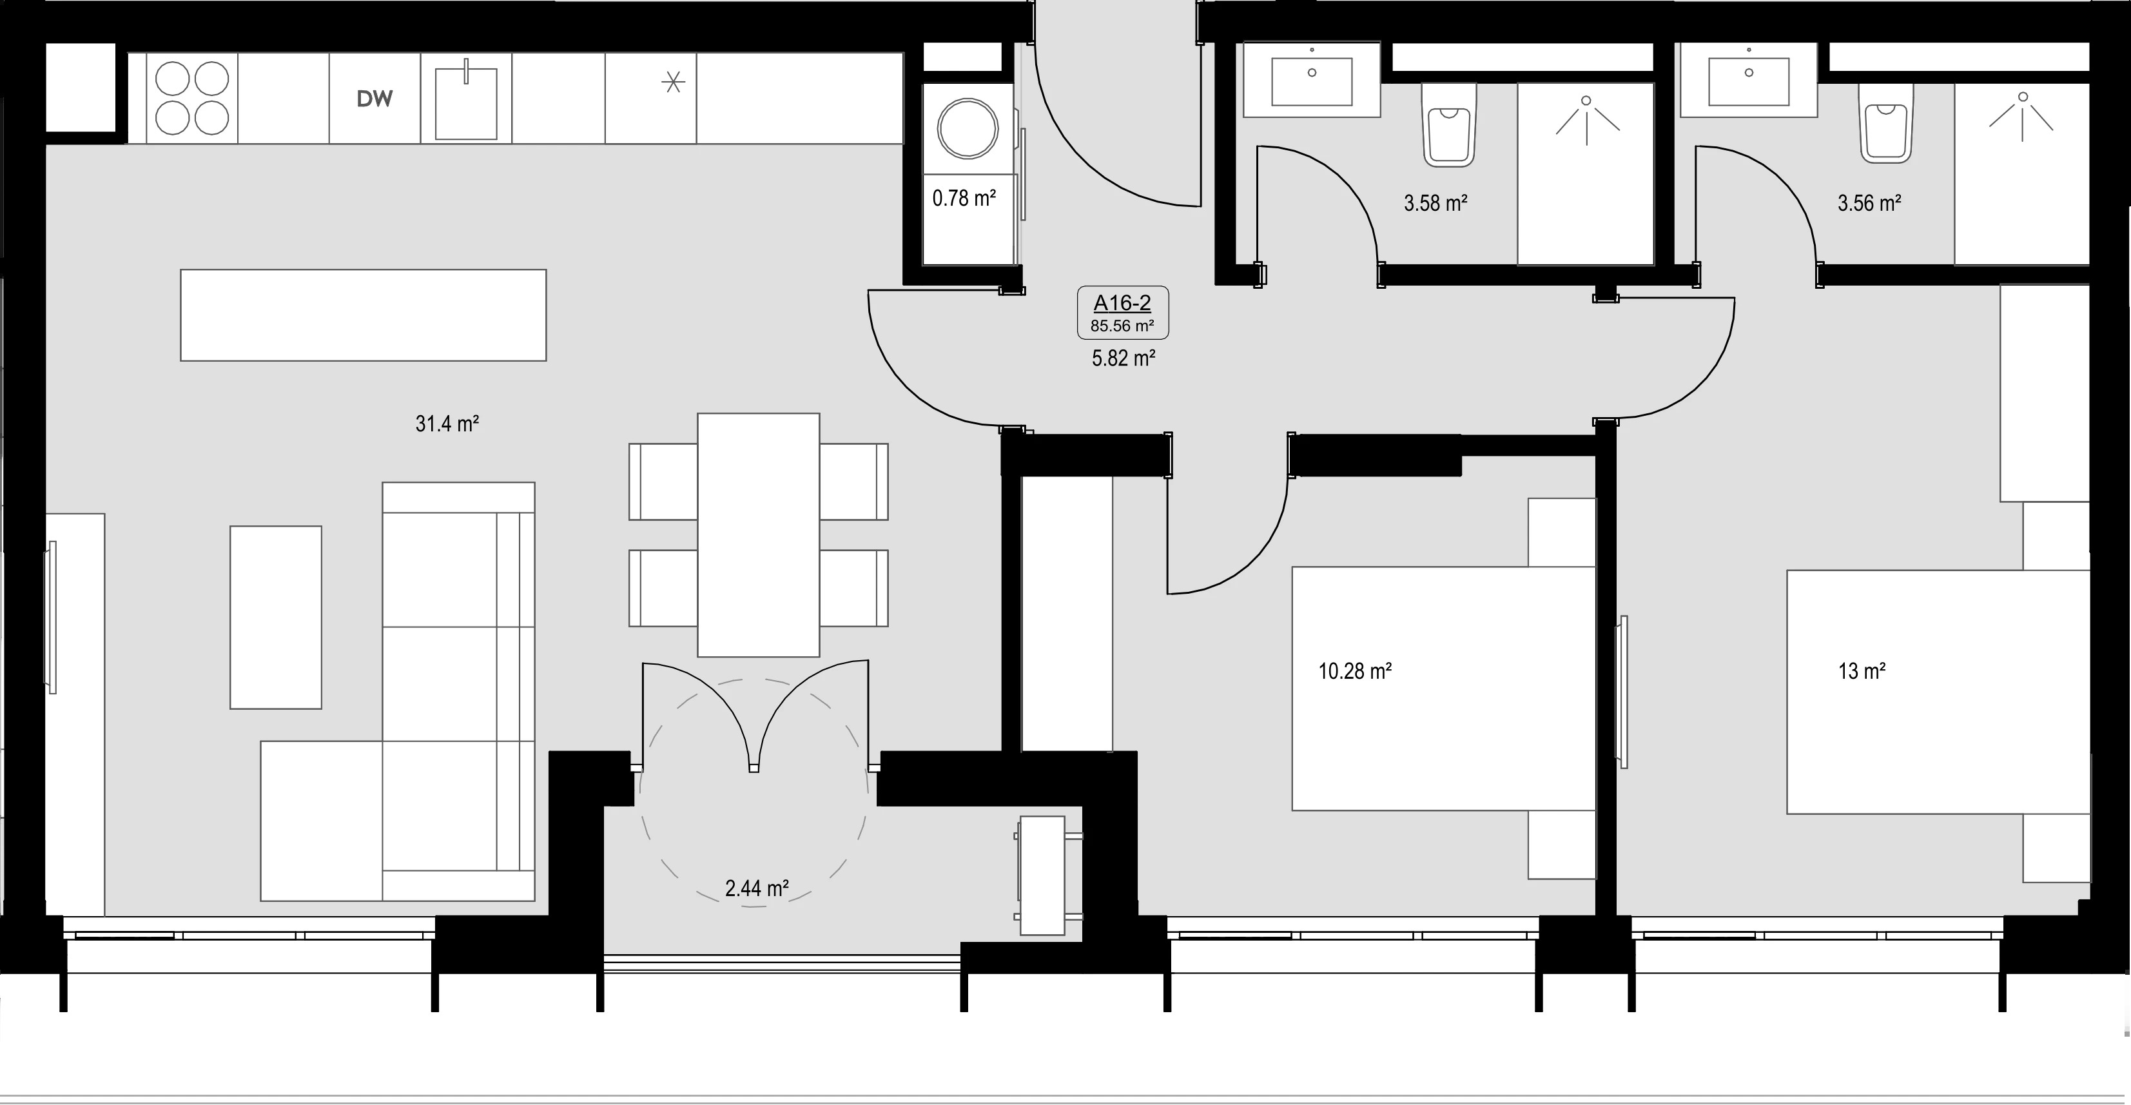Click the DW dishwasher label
[375, 99]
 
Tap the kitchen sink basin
[466, 103]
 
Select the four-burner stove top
[192, 99]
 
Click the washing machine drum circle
[968, 128]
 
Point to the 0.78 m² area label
[964, 199]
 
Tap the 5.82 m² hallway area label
[1124, 358]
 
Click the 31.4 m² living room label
[447, 424]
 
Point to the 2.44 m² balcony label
[757, 888]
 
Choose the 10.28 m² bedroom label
[1355, 670]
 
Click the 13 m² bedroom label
[1862, 670]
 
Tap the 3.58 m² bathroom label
[1436, 202]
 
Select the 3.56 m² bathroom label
[1869, 202]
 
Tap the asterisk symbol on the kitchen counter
[674, 82]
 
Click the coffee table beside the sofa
[275, 617]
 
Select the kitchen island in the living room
[363, 315]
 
